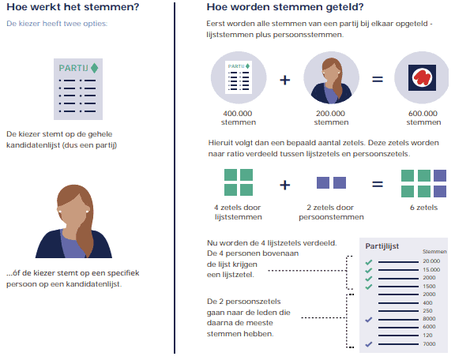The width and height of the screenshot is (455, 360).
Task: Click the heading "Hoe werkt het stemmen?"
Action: click(73, 6)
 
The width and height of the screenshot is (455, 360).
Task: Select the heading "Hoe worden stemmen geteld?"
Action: click(285, 6)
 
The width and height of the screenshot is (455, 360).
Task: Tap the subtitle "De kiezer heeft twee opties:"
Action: click(57, 24)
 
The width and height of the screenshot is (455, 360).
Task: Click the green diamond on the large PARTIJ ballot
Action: click(94, 68)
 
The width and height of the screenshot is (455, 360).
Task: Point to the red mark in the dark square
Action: click(422, 77)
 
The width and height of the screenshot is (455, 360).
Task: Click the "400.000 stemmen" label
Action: click(239, 118)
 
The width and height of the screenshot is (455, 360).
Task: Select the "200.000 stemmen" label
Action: click(331, 118)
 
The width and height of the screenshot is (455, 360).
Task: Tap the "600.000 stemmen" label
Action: click(423, 118)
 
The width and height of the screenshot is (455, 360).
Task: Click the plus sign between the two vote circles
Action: click(285, 80)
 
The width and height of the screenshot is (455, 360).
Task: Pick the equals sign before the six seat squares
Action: click(378, 184)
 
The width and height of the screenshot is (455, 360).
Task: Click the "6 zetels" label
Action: click(423, 208)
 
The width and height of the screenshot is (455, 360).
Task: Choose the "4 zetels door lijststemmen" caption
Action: click(238, 212)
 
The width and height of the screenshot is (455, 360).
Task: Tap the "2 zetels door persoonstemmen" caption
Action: click(331, 212)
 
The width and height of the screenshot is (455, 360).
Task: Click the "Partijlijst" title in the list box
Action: click(382, 246)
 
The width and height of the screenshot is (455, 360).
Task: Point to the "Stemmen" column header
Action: click(434, 252)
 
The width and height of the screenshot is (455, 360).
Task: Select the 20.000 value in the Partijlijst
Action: click(431, 261)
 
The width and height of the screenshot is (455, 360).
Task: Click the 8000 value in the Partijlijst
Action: click(429, 319)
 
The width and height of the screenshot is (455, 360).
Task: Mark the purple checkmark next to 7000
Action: click(369, 344)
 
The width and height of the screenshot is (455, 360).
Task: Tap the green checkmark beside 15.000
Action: click(369, 270)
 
